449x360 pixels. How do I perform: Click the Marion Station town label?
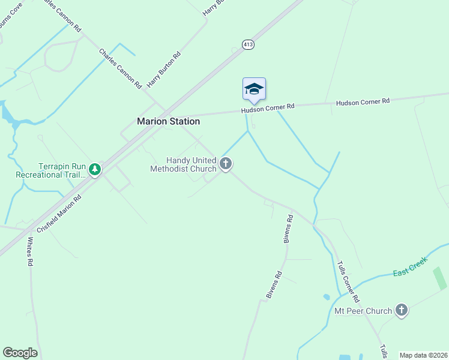coord(168,121)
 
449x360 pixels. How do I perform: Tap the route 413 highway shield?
coord(248,44)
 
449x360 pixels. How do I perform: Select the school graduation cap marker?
coord(254,89)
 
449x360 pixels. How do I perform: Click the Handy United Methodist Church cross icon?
coord(226,163)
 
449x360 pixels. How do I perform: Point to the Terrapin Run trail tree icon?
coord(94,169)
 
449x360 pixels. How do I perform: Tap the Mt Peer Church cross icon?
coord(401,310)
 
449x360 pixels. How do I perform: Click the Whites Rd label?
coord(30,251)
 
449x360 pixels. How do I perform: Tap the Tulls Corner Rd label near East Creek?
coord(348,281)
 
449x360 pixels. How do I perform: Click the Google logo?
coord(20,353)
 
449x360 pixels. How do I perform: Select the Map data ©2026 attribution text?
coord(423,355)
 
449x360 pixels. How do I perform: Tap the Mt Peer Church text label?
coord(363,311)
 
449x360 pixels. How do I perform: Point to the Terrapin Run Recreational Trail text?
coord(51,170)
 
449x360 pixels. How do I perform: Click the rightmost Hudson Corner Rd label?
coord(363,102)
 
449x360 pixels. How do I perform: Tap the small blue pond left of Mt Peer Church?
coord(326,297)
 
